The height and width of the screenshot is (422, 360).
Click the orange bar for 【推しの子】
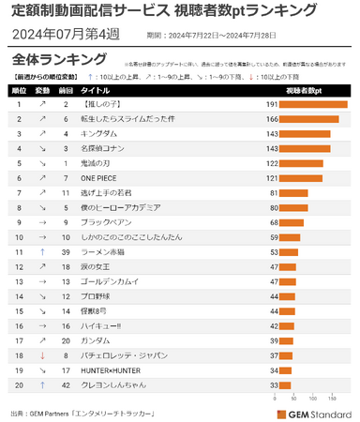click(313, 105)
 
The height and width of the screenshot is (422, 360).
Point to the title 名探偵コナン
click(104, 149)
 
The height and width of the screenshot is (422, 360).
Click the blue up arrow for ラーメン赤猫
click(42, 252)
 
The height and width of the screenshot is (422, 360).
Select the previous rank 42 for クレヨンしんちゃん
click(66, 384)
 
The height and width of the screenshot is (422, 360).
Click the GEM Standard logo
click(313, 413)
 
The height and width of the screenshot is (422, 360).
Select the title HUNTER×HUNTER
click(112, 369)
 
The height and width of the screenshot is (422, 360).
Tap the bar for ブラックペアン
click(291, 222)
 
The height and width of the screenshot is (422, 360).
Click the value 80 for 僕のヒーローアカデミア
click(273, 207)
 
